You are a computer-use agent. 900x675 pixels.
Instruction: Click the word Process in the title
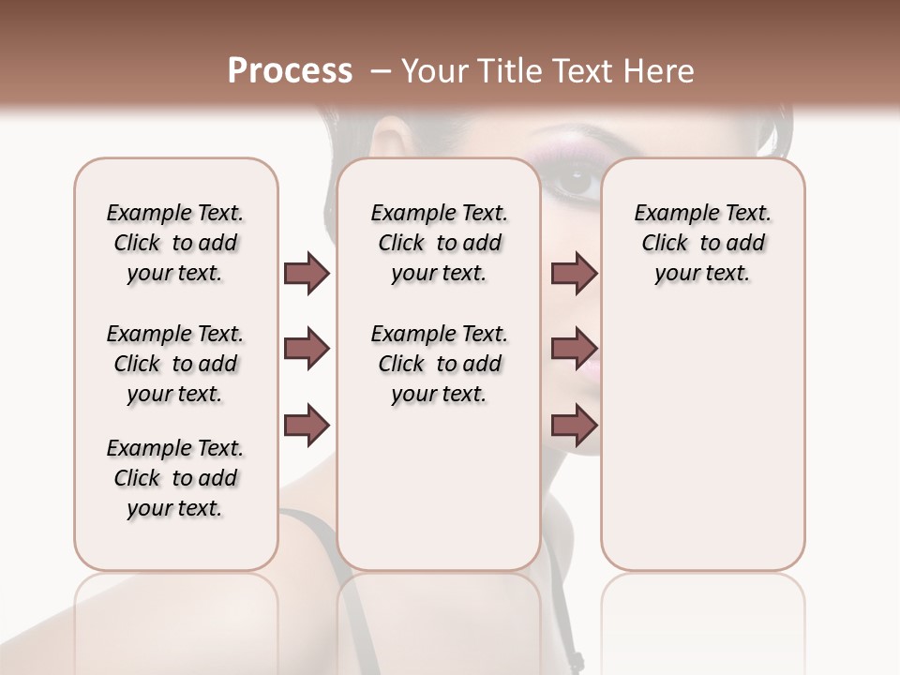pyautogui.click(x=290, y=71)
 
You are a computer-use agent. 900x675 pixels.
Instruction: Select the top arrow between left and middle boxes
pyautogui.click(x=307, y=274)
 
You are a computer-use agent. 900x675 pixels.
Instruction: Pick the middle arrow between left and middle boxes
pyautogui.click(x=307, y=350)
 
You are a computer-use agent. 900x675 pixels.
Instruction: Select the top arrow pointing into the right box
pyautogui.click(x=574, y=274)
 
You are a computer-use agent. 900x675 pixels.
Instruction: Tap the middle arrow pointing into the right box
pyautogui.click(x=574, y=350)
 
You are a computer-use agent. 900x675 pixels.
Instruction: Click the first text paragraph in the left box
pyautogui.click(x=175, y=243)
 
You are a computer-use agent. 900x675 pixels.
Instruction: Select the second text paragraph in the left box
pyautogui.click(x=175, y=364)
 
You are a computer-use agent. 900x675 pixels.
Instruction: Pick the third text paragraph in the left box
pyautogui.click(x=175, y=478)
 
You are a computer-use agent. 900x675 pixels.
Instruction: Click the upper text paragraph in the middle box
pyautogui.click(x=439, y=243)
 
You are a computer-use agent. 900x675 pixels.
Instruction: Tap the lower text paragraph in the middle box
pyautogui.click(x=439, y=364)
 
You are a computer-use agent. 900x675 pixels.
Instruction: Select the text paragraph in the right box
pyautogui.click(x=702, y=243)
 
